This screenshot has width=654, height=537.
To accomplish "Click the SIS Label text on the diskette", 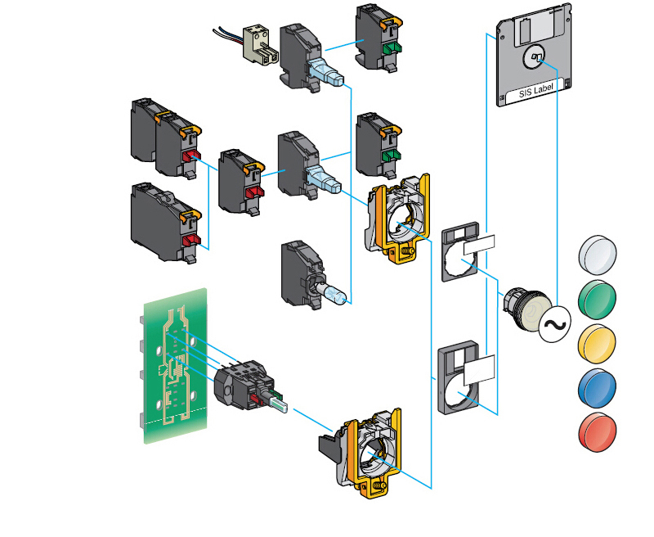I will (x=536, y=95).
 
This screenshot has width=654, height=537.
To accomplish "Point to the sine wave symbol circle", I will (x=553, y=324).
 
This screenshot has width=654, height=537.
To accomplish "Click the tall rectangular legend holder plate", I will (x=467, y=376).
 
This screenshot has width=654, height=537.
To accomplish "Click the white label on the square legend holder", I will (x=478, y=245).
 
